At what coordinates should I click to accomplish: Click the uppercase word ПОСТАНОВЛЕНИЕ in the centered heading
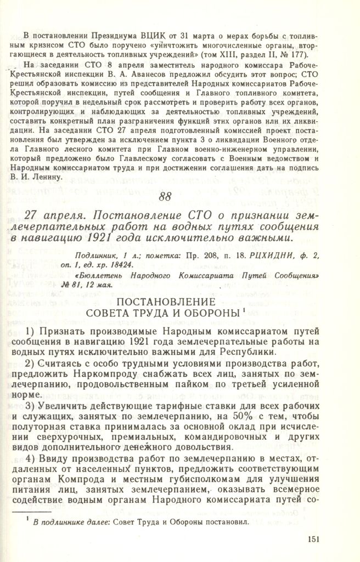pos(179,302)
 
